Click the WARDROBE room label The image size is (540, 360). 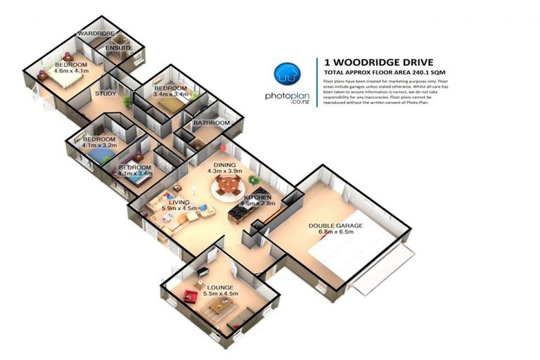[96, 34]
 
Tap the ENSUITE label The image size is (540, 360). [117, 48]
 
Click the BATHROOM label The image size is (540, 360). [212, 123]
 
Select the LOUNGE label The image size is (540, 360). [219, 287]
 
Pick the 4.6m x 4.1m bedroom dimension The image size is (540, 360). [70, 71]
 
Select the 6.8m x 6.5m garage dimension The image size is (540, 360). [336, 234]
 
